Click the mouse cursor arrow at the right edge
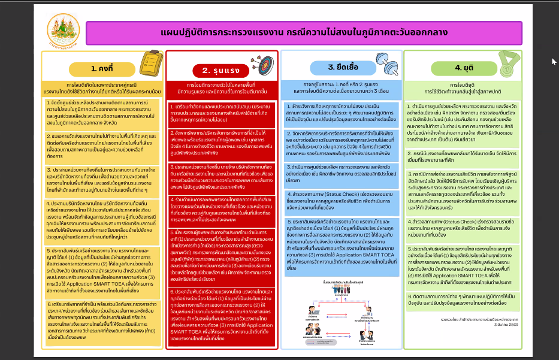tap(554, 61)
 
